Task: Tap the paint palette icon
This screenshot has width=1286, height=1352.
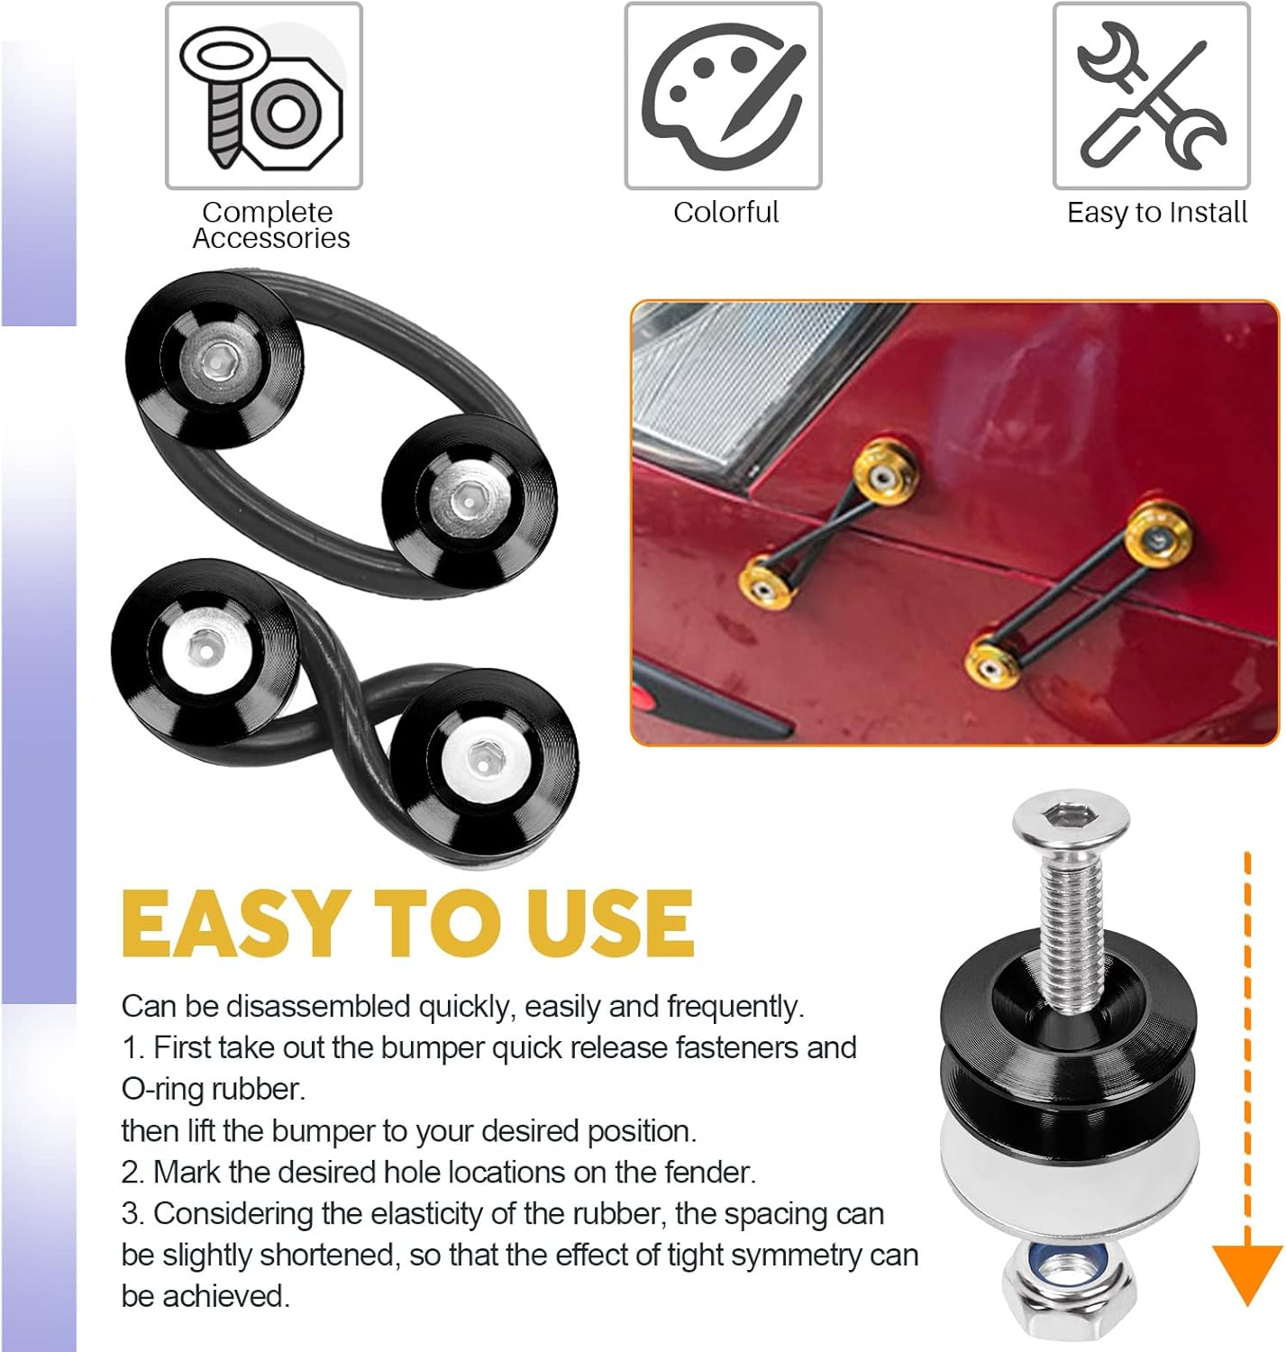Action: tap(723, 96)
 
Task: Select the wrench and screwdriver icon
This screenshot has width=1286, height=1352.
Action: tap(1151, 96)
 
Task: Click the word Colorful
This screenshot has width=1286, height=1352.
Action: tap(725, 213)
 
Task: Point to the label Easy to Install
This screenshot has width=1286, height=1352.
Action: tap(1157, 213)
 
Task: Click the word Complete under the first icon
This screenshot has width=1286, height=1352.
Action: tap(268, 213)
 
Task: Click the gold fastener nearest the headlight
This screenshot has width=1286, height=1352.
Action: tap(886, 471)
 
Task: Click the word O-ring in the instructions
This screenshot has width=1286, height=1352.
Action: tap(162, 1090)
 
